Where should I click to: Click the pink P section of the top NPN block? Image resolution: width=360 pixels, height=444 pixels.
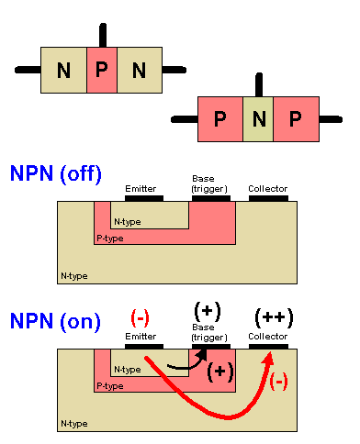coord(102,70)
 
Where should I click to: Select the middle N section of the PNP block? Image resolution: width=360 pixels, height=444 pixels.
coord(259,118)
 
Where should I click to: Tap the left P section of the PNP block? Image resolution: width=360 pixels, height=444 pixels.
coord(219,118)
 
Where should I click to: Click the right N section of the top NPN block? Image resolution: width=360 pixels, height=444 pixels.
coord(139,70)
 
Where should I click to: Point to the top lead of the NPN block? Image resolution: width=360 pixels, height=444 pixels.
coord(102,32)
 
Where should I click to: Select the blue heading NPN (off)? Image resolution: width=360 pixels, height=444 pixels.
coord(55,173)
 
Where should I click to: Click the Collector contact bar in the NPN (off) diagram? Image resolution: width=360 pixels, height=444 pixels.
coord(268,197)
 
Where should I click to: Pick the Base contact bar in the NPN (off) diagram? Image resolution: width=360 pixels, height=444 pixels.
coord(208,197)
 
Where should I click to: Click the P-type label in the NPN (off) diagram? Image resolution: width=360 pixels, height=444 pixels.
coord(110,238)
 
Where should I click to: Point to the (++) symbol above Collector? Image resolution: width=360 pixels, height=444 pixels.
coord(274,317)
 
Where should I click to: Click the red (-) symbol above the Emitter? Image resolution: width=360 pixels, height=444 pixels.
coord(141,317)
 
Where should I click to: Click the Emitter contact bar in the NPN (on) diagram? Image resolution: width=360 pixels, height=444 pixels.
coord(144,347)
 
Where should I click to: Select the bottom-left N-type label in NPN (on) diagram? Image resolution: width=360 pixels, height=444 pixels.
coord(73,424)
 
